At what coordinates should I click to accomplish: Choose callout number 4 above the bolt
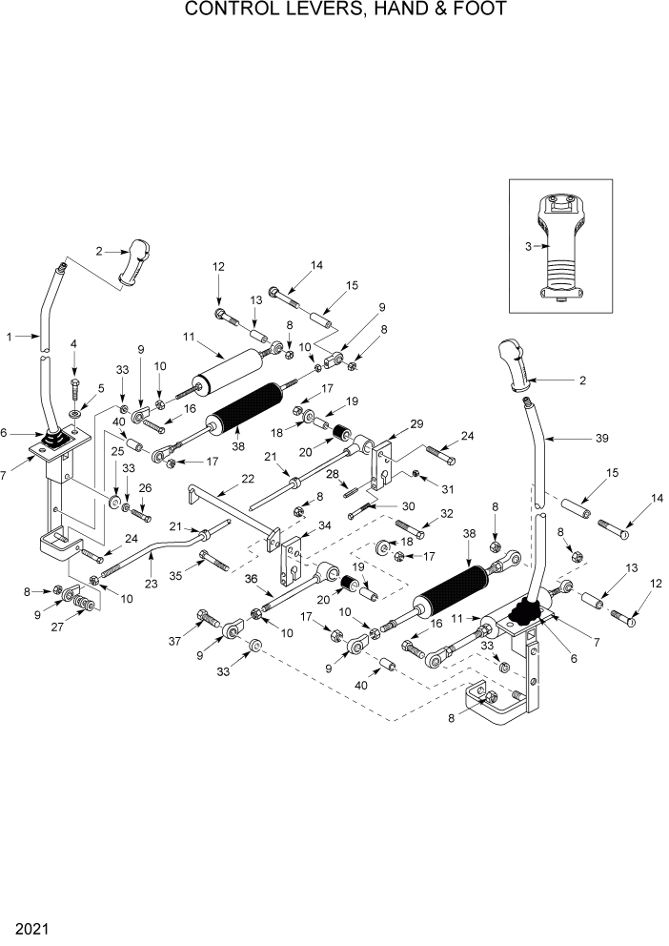pos(74,342)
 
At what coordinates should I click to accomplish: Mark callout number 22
pos(247,478)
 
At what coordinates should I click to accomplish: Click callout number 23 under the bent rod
pos(151,583)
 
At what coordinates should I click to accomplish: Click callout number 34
pos(325,525)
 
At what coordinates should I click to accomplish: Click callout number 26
pos(146,489)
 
